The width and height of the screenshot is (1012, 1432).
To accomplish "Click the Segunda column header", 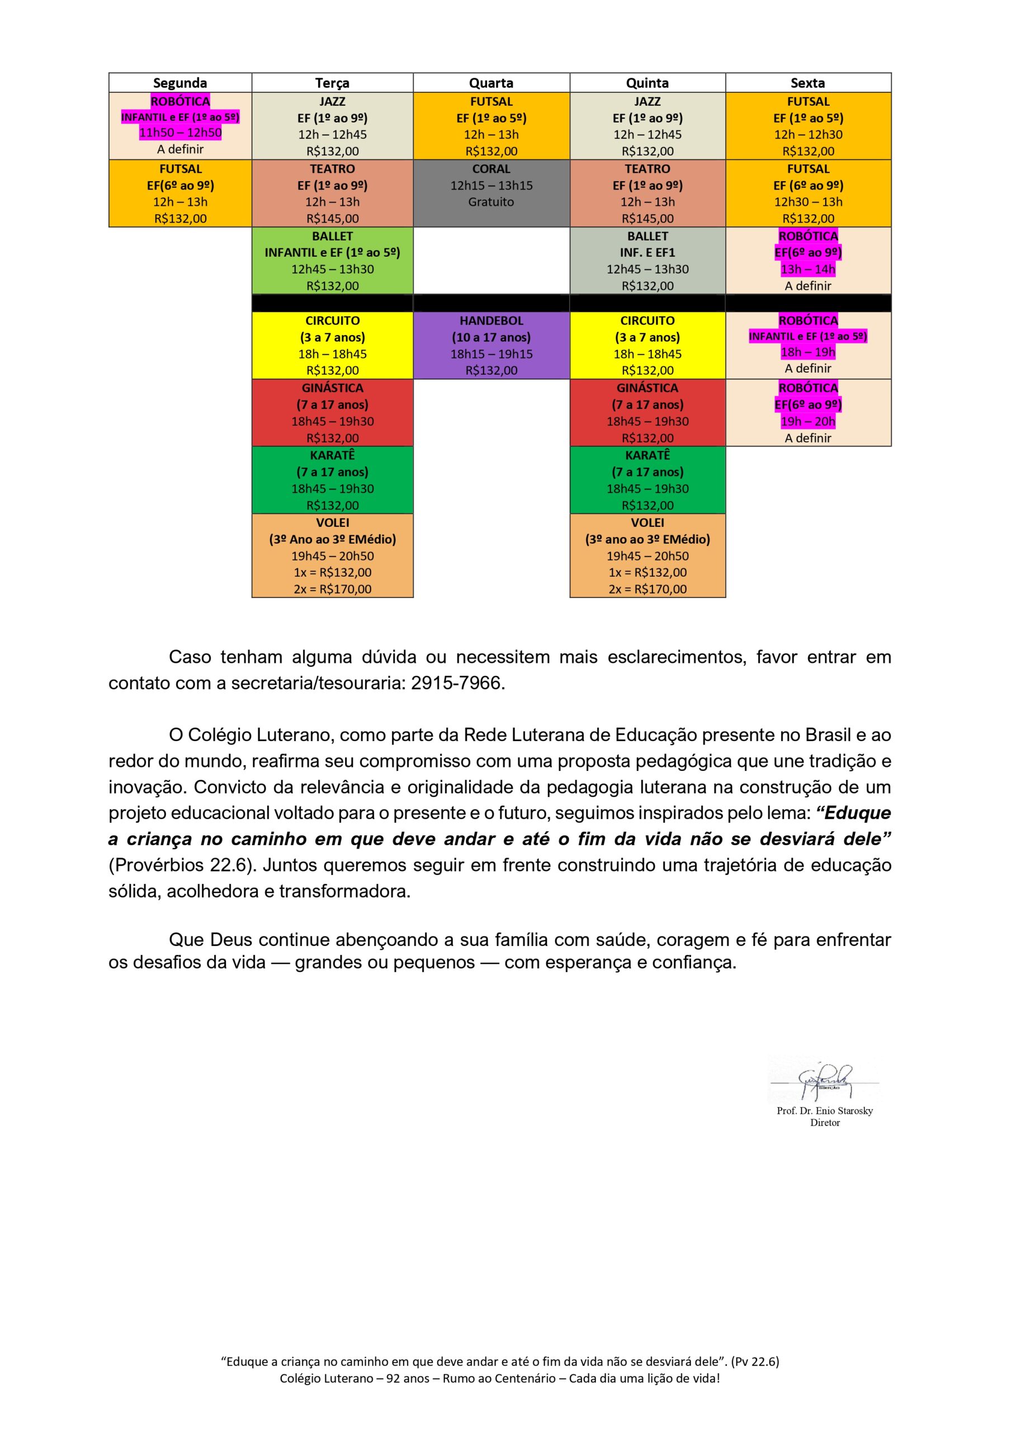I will [179, 83].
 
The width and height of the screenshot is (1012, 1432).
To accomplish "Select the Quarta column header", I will [491, 83].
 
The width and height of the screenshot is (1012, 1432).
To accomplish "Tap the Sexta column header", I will [807, 83].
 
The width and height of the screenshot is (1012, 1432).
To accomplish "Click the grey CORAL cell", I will [491, 194].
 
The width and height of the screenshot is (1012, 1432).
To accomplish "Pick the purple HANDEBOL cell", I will [491, 345].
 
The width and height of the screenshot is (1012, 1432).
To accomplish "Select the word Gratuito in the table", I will [491, 202].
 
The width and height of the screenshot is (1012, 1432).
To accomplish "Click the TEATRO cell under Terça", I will [332, 194].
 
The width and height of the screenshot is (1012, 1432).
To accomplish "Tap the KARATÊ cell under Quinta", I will [647, 479].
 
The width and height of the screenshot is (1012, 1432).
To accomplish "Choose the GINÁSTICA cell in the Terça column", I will [332, 412].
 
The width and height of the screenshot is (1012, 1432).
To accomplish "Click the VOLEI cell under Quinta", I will [647, 555].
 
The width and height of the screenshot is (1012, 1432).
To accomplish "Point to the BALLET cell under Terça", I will [332, 261].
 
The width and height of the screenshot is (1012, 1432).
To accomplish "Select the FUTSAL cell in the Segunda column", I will [180, 194].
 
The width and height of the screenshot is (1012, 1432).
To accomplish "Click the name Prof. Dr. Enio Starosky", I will [824, 1111].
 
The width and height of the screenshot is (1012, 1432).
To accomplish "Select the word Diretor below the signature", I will [824, 1123].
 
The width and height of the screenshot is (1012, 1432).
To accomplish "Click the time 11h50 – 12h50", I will [180, 133].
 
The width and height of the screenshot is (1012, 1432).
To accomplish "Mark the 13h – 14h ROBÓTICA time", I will [807, 270].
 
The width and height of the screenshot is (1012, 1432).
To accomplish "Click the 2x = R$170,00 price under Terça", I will [332, 589].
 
